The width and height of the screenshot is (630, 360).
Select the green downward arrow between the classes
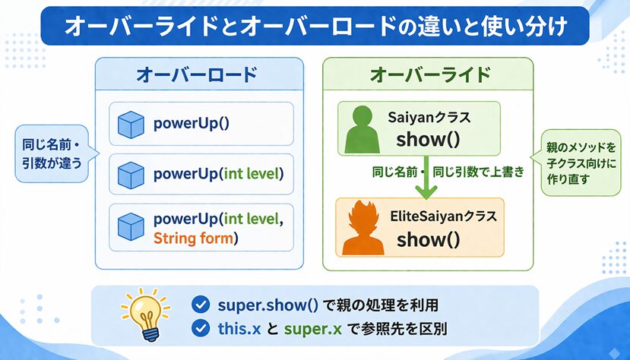[426, 178]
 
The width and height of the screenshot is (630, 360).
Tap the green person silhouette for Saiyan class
[362, 129]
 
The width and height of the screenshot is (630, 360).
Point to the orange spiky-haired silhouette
[362, 228]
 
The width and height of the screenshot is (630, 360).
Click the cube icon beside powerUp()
[131, 125]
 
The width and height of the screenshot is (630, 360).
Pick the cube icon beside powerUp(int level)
[131, 175]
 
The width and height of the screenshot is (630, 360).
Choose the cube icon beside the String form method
[131, 227]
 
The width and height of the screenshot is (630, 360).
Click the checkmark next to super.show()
[201, 305]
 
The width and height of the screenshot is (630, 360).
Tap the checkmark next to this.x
[201, 328]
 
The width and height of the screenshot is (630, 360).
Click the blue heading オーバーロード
[197, 74]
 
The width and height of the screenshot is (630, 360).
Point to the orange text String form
[193, 238]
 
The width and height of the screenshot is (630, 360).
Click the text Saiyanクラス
[429, 117]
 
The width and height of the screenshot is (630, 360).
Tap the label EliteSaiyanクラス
[444, 216]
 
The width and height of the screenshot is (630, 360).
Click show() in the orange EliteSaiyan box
[429, 239]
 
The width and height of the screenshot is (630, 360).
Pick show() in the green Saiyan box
[428, 140]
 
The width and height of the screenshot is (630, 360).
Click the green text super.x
[313, 329]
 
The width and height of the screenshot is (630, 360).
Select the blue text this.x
[239, 329]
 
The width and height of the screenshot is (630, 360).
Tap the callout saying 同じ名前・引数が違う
[52, 153]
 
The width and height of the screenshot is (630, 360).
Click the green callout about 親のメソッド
[580, 163]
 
